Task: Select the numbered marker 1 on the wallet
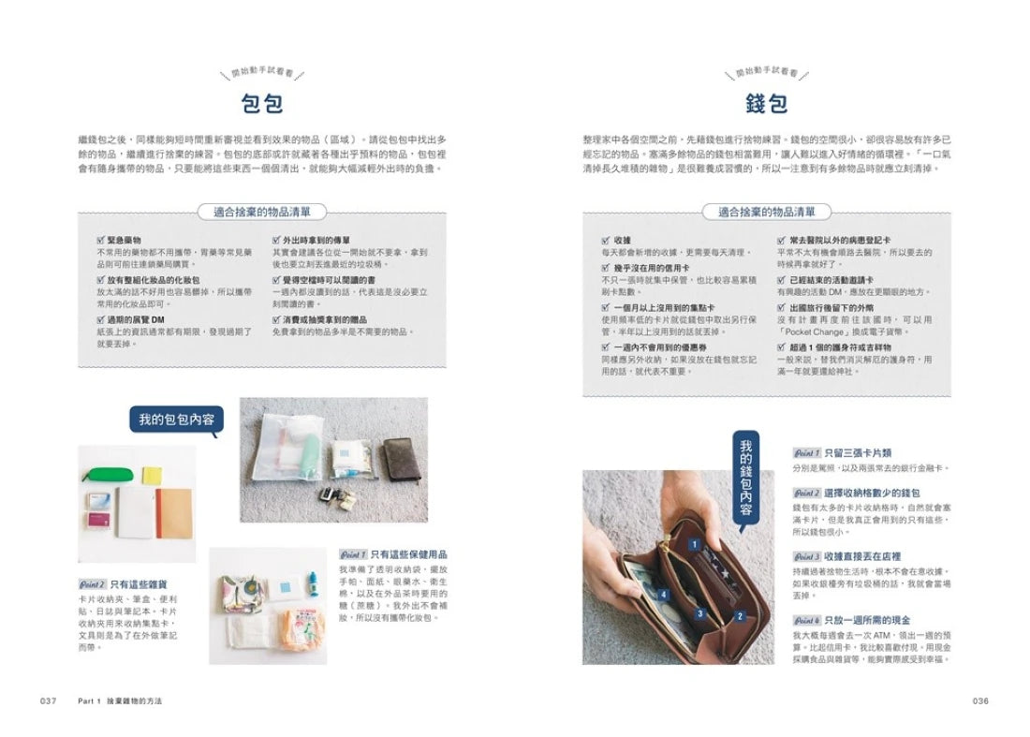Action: point(695,543)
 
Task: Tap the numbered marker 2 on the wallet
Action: point(740,615)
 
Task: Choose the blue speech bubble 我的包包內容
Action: point(176,420)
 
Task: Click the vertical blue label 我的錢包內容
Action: point(745,479)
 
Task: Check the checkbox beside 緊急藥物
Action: point(87,241)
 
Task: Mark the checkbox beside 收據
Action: point(606,241)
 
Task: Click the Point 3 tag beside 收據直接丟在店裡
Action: point(806,557)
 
